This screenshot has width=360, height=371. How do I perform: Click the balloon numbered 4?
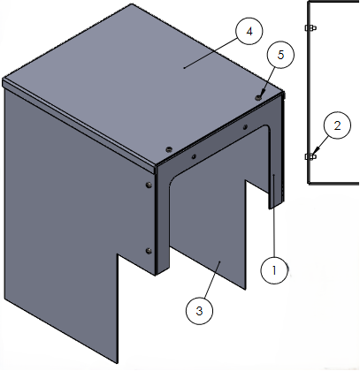pos(249,31)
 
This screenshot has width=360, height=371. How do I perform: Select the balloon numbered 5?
pos(280,55)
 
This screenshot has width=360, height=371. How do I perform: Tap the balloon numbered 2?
pos(337,125)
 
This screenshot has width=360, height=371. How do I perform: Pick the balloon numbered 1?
pos(274,270)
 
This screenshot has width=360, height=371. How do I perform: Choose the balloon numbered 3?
pos(199,311)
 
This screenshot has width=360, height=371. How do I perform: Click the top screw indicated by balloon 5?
pos(259,97)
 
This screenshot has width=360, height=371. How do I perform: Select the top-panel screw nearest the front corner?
pos(169,149)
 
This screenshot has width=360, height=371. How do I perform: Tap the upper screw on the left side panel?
pos(149,185)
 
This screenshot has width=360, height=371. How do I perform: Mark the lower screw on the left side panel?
pos(149,251)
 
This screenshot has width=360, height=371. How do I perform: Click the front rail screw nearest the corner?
pos(194,156)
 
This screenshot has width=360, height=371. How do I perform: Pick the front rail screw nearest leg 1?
pos(245,127)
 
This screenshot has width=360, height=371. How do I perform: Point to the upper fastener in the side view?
pos(310,27)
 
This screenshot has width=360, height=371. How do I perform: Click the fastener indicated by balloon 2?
pos(310,156)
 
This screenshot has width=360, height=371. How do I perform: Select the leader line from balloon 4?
pos(211,53)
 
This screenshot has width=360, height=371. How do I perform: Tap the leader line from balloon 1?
pos(274,216)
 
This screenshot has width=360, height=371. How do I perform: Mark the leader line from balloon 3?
pos(211,280)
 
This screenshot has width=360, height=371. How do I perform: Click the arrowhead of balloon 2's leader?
pos(317,152)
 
